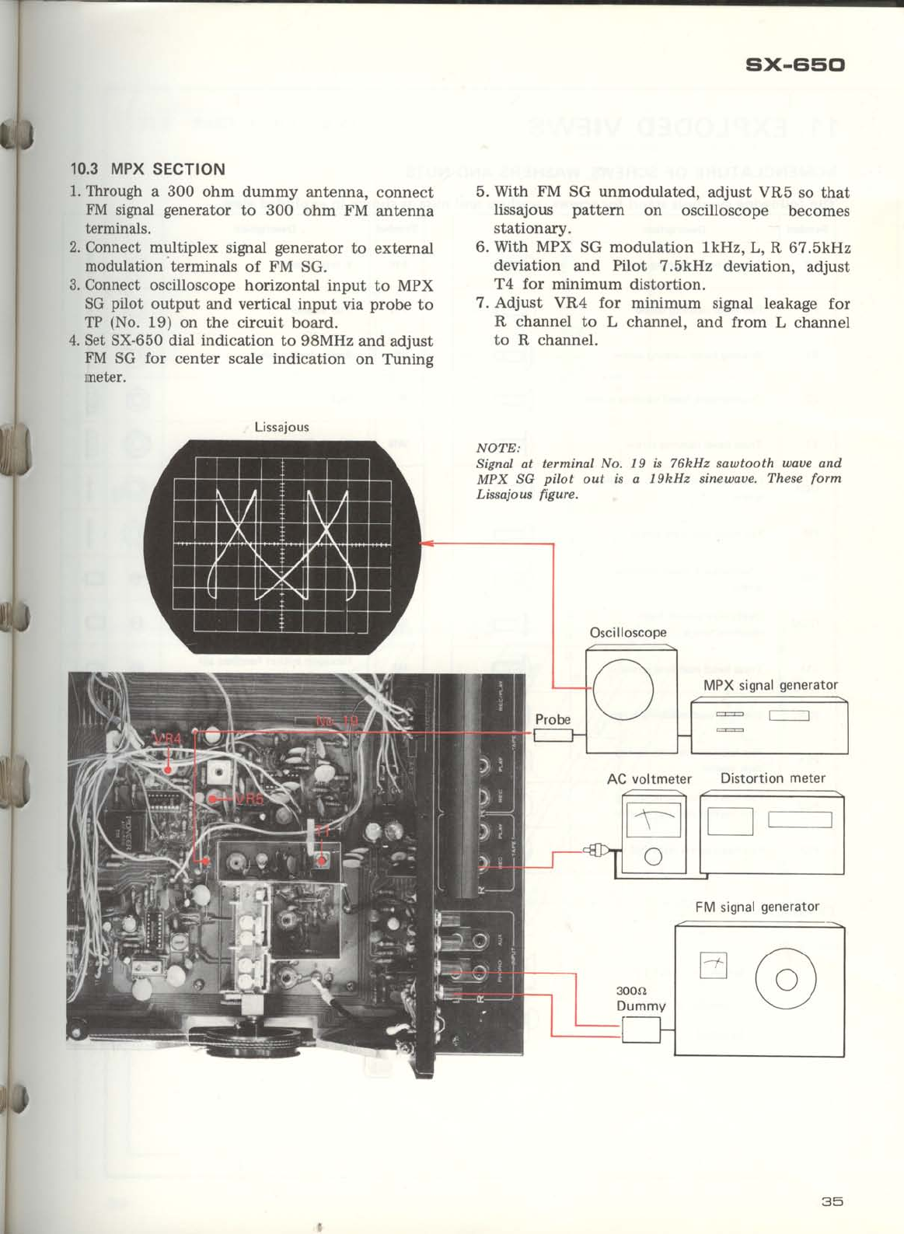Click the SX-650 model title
point(794,65)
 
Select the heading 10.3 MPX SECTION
point(148,169)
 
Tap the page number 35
point(832,1201)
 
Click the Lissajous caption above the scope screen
point(281,427)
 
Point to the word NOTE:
point(497,448)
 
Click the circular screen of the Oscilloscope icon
point(623,689)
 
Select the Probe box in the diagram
point(553,736)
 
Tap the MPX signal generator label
point(770,685)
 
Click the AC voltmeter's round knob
point(653,857)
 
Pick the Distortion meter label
point(773,778)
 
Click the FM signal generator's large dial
point(785,980)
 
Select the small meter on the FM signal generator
point(714,966)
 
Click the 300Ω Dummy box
point(641,1030)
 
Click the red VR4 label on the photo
point(166,738)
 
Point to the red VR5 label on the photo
point(250,799)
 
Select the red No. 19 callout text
point(337,721)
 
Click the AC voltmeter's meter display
point(653,820)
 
